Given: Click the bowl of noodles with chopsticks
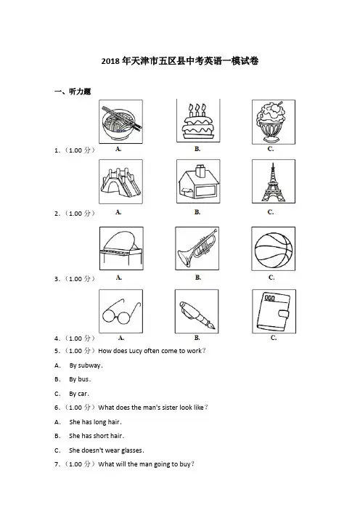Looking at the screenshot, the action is (x=121, y=121).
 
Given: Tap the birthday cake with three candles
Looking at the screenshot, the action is (x=198, y=121).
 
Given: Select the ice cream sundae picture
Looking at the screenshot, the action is (x=274, y=122).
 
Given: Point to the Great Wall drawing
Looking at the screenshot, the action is (x=121, y=182).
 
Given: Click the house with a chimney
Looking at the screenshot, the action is (x=198, y=181).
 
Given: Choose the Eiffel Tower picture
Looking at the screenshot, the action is (x=274, y=181).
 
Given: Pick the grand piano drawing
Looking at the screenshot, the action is (x=121, y=248).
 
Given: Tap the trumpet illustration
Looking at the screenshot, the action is (x=197, y=248).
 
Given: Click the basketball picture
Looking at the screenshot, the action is (x=274, y=248).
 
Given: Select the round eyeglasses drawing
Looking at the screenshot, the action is (x=121, y=311).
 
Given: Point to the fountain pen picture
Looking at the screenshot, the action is (x=197, y=311).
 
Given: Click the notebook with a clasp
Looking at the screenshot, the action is (x=274, y=311).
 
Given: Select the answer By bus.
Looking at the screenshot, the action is (x=80, y=379).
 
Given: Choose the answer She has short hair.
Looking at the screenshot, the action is (x=97, y=436).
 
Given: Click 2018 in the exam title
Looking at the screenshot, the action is (x=111, y=61).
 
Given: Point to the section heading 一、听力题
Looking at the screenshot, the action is (x=73, y=92).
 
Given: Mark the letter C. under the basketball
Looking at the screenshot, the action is (x=271, y=278).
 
